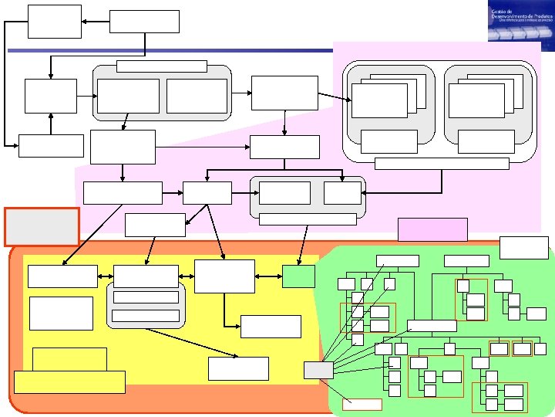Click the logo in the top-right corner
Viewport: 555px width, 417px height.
(520, 21)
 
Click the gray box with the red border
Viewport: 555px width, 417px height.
(42, 226)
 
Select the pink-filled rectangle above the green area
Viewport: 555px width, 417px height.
(432, 229)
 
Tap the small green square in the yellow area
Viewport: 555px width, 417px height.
(298, 276)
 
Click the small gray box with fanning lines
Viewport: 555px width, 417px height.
(318, 370)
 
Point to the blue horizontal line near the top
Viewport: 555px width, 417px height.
(170, 51)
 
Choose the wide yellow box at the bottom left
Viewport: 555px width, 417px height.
(69, 381)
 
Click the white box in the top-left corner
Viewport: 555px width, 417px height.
(55, 21)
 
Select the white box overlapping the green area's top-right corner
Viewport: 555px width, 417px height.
(524, 247)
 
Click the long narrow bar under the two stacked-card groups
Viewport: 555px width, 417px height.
(441, 163)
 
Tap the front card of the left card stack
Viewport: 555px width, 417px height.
(379, 100)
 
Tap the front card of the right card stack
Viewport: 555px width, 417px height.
(476, 100)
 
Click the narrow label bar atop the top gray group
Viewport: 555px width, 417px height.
(161, 66)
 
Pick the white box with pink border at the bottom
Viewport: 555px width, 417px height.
(362, 404)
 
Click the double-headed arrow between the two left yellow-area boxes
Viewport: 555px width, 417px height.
(106, 276)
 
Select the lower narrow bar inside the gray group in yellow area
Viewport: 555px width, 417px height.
(146, 314)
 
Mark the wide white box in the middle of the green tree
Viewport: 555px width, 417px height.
(431, 325)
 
